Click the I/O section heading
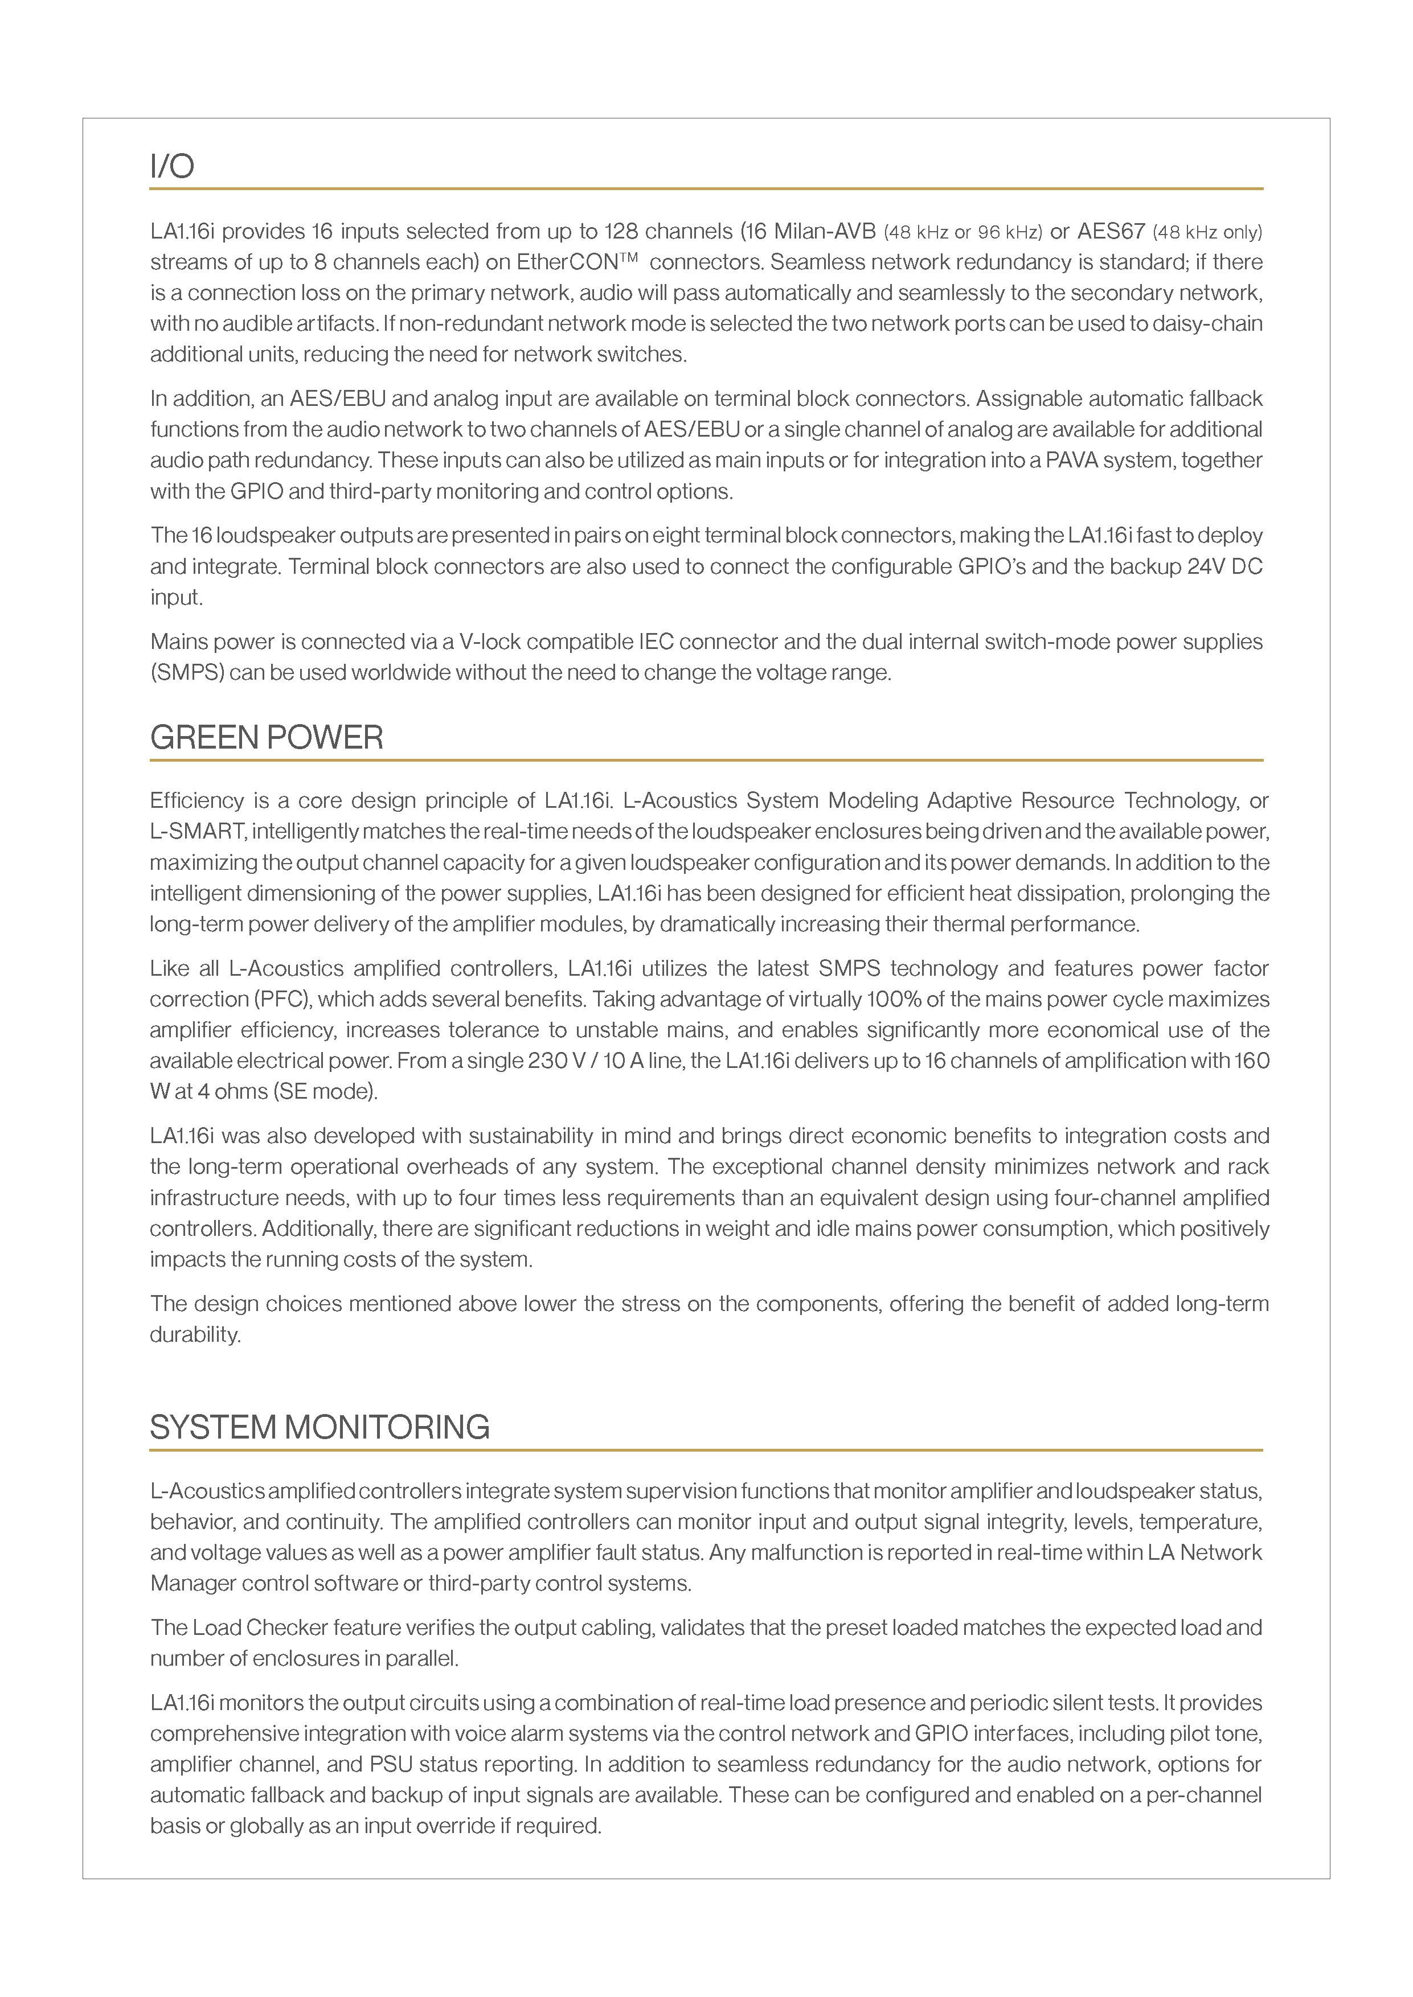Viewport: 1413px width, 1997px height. coord(172,166)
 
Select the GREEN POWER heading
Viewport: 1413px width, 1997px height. coord(266,738)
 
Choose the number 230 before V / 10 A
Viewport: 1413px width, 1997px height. coord(546,1061)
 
